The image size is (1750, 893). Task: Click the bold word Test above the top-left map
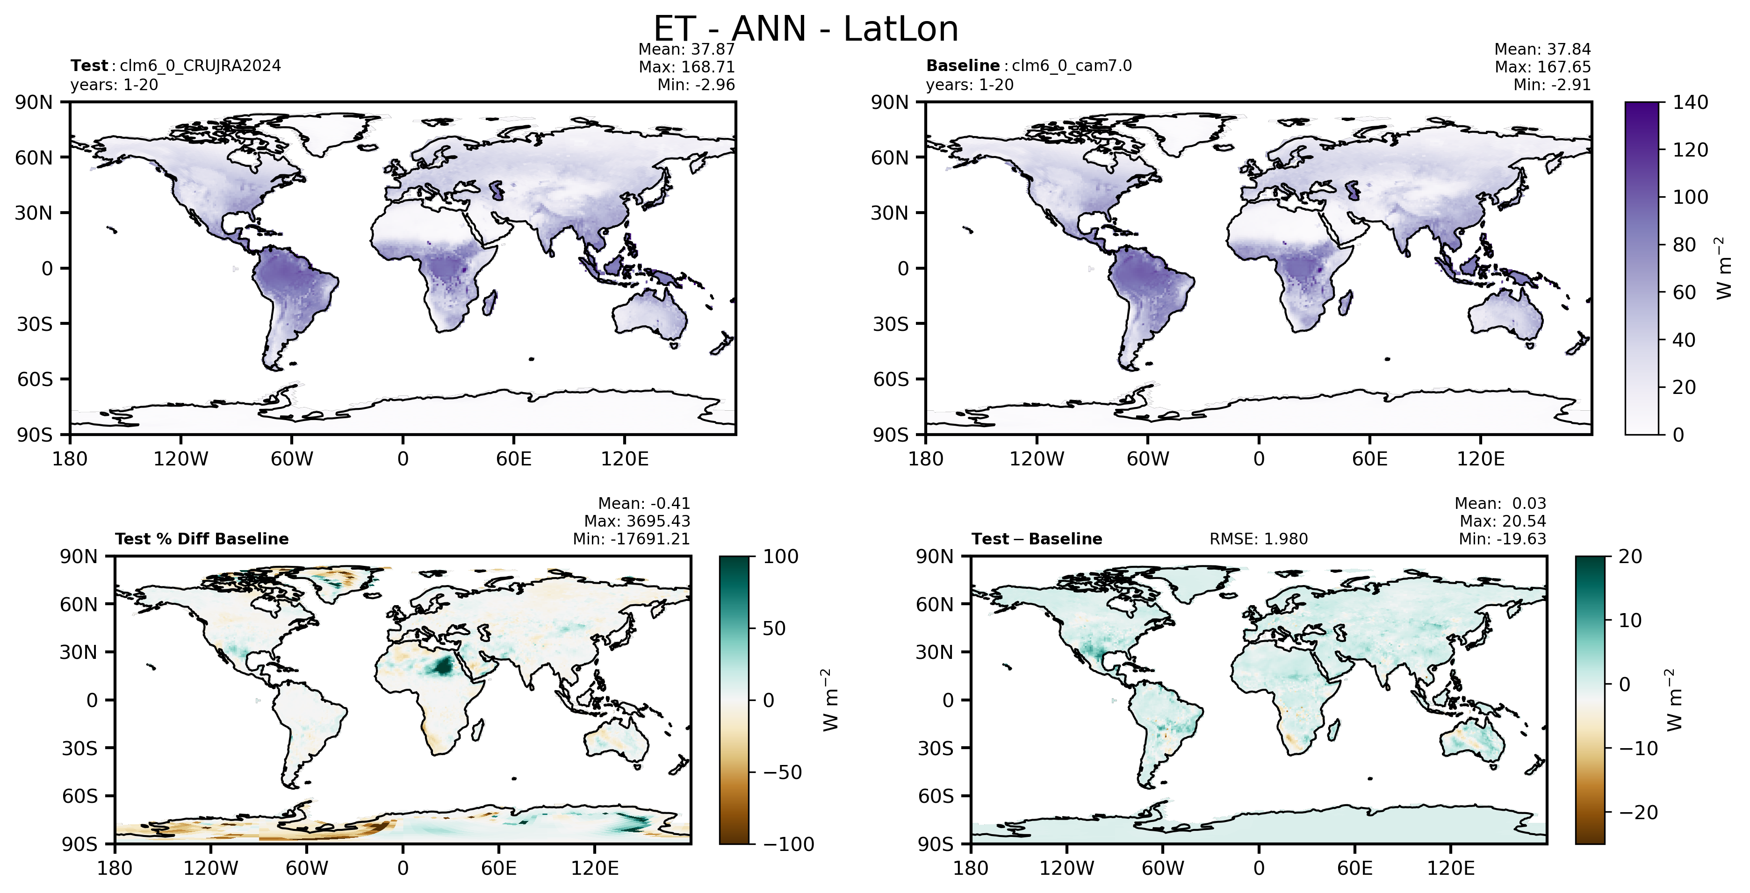click(89, 66)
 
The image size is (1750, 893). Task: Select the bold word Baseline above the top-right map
click(963, 66)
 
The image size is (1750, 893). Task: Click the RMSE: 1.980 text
click(1259, 539)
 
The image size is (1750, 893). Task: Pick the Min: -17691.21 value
click(631, 539)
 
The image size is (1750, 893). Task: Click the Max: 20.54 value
click(1503, 522)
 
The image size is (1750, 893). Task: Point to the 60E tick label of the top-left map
click(513, 459)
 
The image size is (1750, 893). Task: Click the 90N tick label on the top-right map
click(890, 102)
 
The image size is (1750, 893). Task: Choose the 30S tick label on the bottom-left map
click(79, 748)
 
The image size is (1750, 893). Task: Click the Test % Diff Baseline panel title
click(202, 539)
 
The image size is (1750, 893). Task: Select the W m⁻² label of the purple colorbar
click(1723, 268)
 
